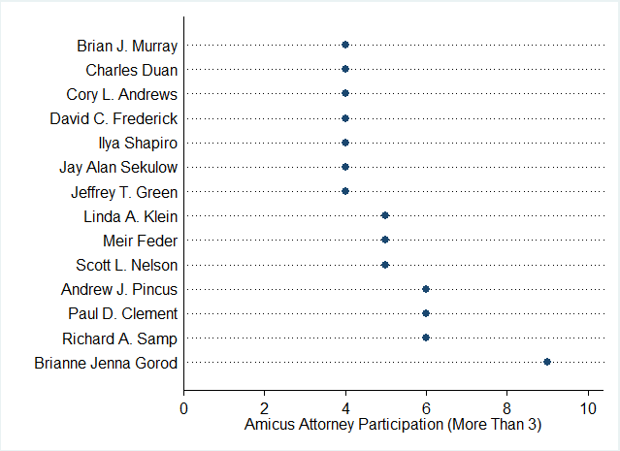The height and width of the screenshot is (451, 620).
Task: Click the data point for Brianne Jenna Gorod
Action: (x=547, y=362)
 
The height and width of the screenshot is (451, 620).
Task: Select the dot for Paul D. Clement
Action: (x=426, y=313)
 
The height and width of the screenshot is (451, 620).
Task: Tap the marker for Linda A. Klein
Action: (x=385, y=215)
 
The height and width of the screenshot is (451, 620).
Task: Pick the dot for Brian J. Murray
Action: (x=345, y=45)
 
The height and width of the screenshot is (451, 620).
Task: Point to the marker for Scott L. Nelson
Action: (x=385, y=264)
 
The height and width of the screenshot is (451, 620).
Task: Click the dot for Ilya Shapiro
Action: (x=345, y=143)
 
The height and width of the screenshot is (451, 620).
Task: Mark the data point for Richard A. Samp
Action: (x=426, y=338)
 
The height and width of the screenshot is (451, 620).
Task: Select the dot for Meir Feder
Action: (x=385, y=240)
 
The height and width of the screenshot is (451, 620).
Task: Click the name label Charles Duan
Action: (x=131, y=70)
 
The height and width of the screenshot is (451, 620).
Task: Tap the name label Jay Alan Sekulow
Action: (x=117, y=167)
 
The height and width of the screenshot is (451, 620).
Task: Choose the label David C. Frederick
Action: (x=114, y=118)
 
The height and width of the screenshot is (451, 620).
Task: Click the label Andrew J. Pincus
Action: (x=119, y=289)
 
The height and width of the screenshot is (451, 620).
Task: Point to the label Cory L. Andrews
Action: (x=121, y=94)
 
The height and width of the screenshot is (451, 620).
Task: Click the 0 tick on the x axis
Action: (x=183, y=407)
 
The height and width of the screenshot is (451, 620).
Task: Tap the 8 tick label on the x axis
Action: (x=506, y=407)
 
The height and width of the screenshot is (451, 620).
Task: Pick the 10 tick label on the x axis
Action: (x=587, y=407)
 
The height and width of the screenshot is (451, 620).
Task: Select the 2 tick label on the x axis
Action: (x=264, y=407)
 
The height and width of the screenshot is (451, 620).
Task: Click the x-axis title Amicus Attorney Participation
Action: (x=393, y=424)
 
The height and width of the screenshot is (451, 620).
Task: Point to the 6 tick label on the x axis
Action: (x=426, y=407)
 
